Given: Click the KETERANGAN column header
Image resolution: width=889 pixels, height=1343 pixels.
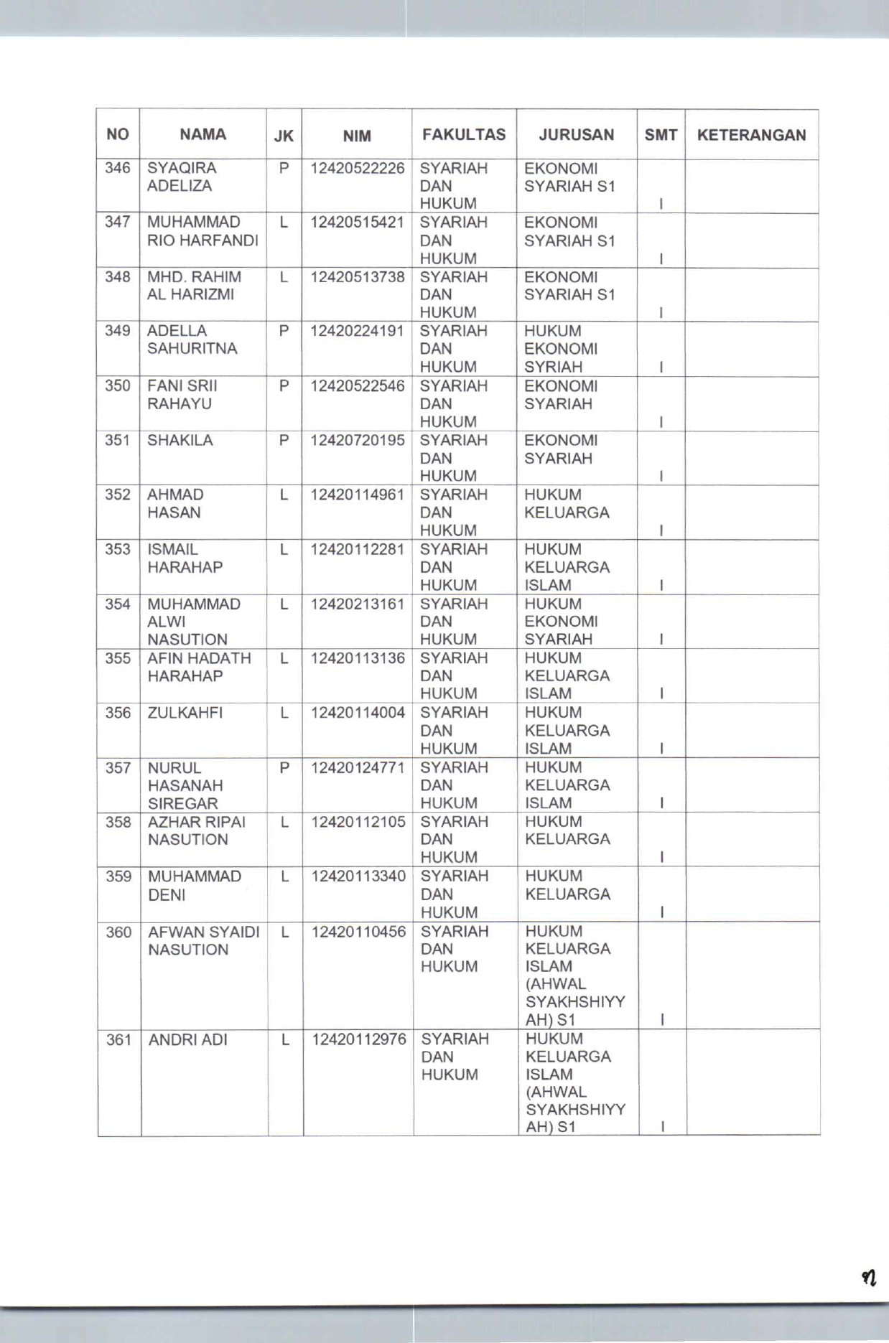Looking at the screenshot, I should pos(751,135).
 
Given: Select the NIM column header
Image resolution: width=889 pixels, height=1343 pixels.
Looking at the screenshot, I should pos(357,136).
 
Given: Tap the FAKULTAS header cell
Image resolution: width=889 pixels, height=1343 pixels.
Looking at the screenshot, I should pos(464,135).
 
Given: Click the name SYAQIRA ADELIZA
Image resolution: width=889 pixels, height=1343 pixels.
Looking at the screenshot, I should pos(181,177).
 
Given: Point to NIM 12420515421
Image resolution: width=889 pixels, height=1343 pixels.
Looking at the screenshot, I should pos(357,223).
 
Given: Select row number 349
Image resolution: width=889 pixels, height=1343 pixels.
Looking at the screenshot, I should pos(118,331).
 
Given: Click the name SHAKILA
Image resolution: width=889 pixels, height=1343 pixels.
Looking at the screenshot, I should pos(180,440).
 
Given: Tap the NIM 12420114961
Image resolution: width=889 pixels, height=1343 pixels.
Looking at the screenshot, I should pos(357,495).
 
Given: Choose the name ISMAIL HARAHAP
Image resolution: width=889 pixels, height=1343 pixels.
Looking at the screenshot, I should pos(185,558).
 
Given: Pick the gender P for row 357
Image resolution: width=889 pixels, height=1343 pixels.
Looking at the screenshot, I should pos(284,768).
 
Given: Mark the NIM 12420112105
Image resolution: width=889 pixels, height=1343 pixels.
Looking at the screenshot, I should pos(358,822).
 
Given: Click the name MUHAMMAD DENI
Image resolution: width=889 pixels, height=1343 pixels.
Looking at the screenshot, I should pos(194,886).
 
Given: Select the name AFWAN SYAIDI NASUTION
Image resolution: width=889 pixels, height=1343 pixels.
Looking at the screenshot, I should pos(203,940).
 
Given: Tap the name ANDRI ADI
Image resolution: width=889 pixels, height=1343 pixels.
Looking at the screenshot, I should pos(187,1039).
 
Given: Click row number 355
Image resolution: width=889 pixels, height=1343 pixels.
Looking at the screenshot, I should pos(118,658).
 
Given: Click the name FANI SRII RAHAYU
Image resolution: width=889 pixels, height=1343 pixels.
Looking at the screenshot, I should pos(182,395).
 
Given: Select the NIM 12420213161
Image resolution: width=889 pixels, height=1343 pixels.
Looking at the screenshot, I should pos(358,604).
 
